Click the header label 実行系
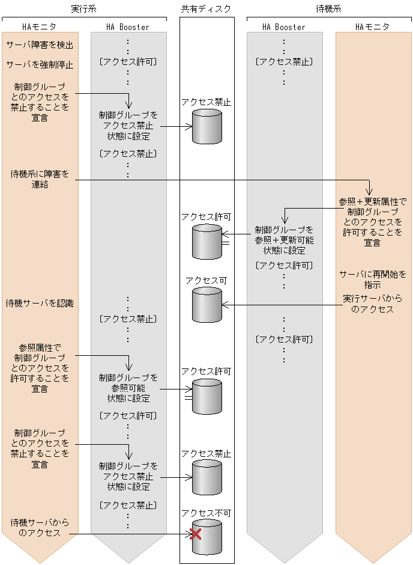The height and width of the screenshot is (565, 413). point(84,8)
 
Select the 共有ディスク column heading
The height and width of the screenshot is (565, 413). point(206,8)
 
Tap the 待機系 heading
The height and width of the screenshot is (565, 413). point(330,8)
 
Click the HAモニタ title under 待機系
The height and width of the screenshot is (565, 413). point(372,27)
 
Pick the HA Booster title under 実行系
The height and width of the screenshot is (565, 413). point(128,27)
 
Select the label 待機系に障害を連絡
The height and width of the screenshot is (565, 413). point(40,179)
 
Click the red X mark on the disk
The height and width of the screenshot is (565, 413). point(195,534)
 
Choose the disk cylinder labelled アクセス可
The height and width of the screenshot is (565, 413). point(207,305)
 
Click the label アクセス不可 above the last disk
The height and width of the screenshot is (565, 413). point(206,513)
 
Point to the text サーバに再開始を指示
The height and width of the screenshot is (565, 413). point(372,279)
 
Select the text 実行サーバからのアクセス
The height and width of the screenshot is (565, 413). point(372,304)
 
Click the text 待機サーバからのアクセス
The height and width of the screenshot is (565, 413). point(40,528)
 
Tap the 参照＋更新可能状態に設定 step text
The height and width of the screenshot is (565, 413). point(284,240)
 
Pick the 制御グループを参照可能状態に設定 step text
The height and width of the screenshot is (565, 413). point(128,388)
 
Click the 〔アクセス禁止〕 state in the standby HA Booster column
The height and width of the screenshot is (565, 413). point(284,61)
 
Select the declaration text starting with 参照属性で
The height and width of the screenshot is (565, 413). point(40,368)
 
